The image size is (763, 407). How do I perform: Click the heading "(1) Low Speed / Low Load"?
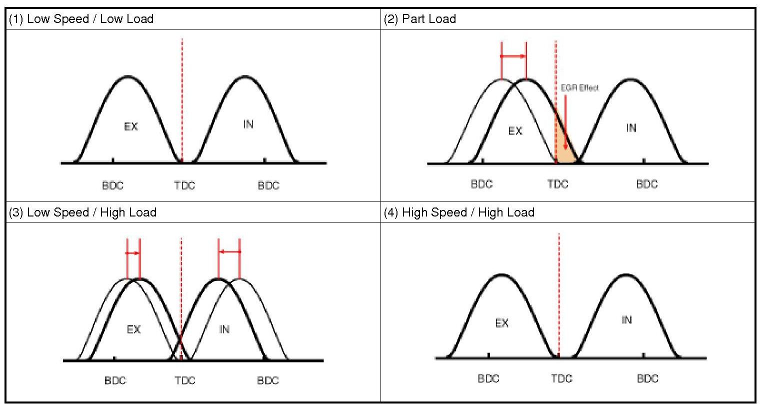(x=81, y=19)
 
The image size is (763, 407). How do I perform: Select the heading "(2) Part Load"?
(x=419, y=19)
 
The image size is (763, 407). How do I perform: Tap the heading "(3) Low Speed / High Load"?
(x=82, y=212)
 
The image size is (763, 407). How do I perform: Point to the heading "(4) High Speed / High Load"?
(x=459, y=212)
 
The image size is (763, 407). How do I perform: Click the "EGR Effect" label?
(x=579, y=88)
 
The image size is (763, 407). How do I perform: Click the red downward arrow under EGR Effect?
(x=565, y=122)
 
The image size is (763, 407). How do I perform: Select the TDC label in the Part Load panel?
(x=557, y=184)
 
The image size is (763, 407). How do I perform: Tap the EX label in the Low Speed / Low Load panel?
(x=130, y=126)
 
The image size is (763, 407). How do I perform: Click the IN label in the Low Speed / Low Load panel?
(x=248, y=124)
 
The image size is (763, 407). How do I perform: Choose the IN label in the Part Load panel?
(x=631, y=128)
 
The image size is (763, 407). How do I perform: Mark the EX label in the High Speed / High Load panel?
(x=501, y=323)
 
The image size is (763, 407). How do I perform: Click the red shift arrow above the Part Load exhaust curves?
(x=513, y=56)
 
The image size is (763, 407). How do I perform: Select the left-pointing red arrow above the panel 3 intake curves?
(x=229, y=251)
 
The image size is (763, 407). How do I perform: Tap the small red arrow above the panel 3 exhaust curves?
(x=133, y=253)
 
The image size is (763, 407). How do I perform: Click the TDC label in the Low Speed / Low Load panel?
(x=184, y=186)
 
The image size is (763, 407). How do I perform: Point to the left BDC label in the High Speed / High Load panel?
(x=488, y=378)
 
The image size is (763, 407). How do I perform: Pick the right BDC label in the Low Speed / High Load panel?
(x=267, y=380)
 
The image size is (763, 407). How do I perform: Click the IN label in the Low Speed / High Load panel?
(x=224, y=329)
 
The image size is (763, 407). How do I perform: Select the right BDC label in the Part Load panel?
(x=646, y=184)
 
